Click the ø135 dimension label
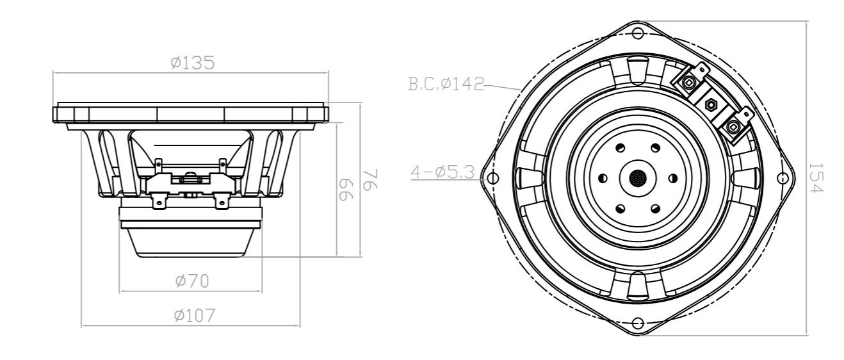point(192,63)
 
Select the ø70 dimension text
point(192,281)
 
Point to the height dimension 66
point(346,188)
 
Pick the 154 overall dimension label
point(815,177)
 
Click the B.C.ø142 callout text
point(446,84)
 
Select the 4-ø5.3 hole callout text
point(441,172)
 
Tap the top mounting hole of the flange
point(637,32)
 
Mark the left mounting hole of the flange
point(492,177)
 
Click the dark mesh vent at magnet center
point(637,177)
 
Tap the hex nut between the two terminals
point(711,102)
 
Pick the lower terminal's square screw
point(733,126)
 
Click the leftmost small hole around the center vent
point(602,177)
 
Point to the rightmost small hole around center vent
point(672,177)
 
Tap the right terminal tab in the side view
point(222,202)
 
